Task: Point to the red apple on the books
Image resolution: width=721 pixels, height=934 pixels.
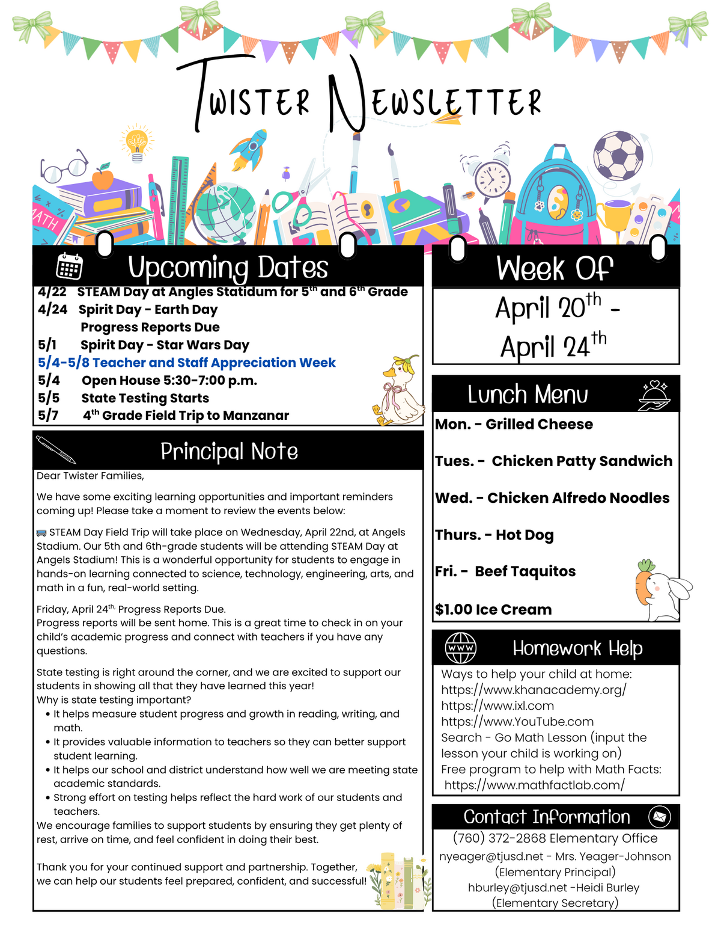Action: (x=103, y=178)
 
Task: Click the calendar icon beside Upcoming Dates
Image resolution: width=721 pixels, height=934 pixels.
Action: (x=70, y=266)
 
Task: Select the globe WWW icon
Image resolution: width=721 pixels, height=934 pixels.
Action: (x=460, y=648)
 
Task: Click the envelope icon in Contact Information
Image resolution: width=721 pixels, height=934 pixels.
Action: (x=659, y=817)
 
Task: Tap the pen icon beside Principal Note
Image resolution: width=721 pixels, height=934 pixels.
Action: (x=56, y=449)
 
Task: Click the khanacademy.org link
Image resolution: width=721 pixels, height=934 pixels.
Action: (x=534, y=690)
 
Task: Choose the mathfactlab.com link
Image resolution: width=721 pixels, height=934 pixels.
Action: (x=534, y=785)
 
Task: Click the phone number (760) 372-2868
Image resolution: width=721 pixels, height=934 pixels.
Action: (x=499, y=838)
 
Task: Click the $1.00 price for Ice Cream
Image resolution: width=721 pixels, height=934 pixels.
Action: (x=454, y=609)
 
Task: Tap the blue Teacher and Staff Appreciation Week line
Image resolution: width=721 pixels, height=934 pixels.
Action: (x=186, y=363)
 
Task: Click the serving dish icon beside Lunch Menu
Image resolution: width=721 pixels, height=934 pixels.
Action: (x=654, y=395)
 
